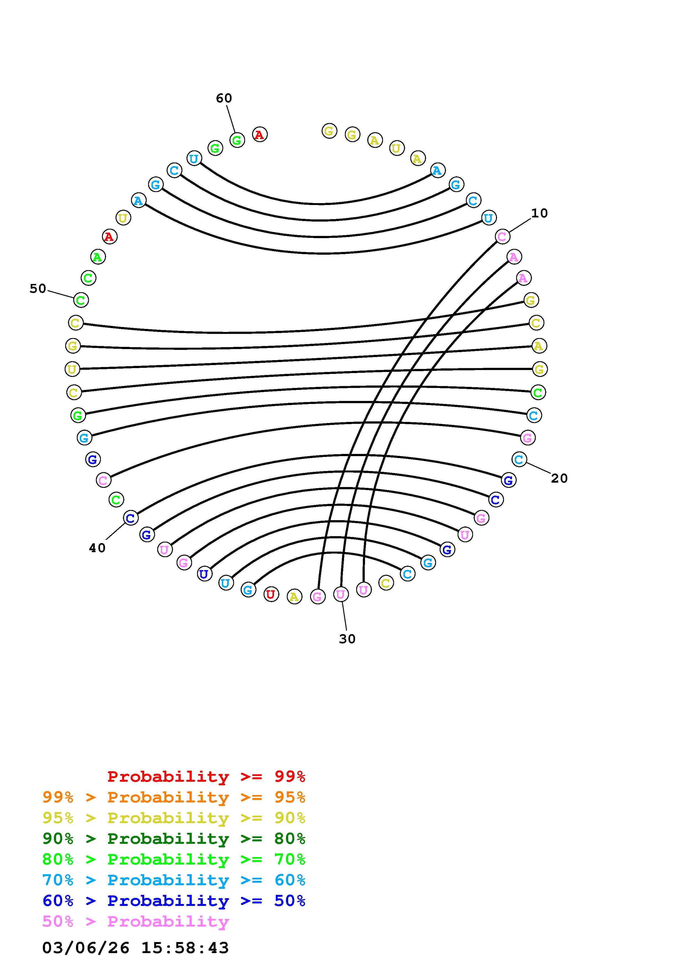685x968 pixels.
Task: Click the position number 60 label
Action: tap(224, 98)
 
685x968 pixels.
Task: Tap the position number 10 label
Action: tap(539, 213)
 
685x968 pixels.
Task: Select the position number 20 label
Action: tap(559, 478)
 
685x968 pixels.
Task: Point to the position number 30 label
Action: tap(347, 639)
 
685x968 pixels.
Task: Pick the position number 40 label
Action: tap(97, 548)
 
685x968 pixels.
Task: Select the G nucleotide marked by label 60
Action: tap(237, 140)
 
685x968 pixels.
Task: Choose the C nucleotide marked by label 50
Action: tap(81, 300)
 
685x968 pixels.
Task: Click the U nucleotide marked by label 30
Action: tap(341, 594)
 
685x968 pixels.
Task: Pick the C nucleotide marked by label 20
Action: tap(519, 459)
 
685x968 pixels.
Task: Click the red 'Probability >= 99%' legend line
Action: tap(206, 776)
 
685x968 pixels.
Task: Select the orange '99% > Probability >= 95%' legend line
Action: tap(174, 797)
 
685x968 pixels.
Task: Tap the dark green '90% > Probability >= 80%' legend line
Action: tap(174, 839)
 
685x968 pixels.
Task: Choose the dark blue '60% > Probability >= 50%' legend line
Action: tap(174, 901)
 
